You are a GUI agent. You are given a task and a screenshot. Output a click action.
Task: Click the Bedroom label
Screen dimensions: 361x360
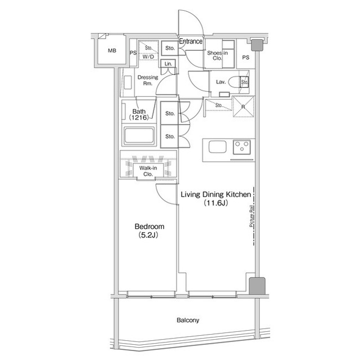[x=149, y=226]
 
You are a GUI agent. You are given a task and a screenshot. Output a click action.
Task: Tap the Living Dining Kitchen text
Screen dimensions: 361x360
[x=215, y=194]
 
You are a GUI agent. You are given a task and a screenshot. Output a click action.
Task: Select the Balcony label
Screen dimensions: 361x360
[x=188, y=320]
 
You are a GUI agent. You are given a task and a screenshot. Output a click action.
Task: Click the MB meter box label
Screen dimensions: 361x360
[x=112, y=51]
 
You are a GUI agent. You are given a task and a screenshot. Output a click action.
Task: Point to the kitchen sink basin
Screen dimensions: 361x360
[x=217, y=147]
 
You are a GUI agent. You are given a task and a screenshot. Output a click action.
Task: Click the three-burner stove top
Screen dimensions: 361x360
[x=242, y=147]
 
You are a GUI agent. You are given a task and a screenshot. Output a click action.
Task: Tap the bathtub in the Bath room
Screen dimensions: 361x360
[x=139, y=136]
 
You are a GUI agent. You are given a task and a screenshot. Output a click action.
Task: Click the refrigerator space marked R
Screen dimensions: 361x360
[x=243, y=106]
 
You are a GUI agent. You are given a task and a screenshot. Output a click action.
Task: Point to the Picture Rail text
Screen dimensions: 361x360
[x=252, y=216]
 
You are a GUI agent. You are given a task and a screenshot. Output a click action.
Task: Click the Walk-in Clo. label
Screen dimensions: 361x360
[x=148, y=171]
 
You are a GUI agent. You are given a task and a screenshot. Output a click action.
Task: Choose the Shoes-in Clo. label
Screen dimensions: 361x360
[x=217, y=55]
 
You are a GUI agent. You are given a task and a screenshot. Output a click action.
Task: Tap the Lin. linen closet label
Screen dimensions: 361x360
[x=168, y=64]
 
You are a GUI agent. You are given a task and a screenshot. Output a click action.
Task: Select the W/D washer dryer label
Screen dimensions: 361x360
[x=148, y=56]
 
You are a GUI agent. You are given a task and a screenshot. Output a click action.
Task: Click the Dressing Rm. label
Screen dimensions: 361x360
[x=148, y=80]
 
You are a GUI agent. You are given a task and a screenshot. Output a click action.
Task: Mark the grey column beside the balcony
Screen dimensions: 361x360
[x=257, y=286]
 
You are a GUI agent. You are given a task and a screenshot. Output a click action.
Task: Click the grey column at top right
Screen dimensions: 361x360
[x=257, y=45]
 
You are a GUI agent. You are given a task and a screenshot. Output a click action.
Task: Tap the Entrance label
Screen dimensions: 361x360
[x=191, y=41]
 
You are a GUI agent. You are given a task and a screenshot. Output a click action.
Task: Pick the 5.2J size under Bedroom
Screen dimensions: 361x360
[x=148, y=235]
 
